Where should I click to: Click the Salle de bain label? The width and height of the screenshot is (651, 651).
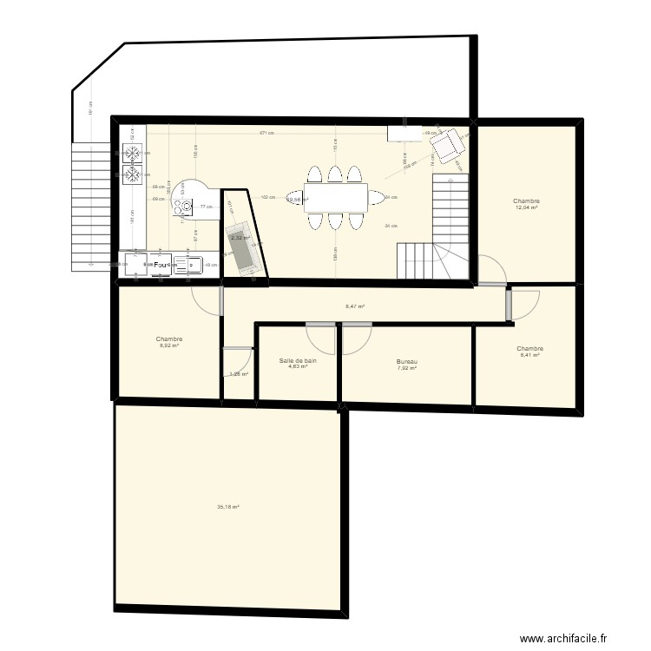tap(298, 360)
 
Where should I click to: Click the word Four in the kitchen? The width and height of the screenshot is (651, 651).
tap(161, 264)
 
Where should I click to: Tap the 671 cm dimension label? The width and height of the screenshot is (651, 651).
tap(266, 133)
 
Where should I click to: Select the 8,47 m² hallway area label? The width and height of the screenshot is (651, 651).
tap(355, 306)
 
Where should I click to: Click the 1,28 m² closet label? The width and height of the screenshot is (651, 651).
tap(239, 374)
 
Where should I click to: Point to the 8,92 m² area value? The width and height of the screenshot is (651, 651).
tap(168, 345)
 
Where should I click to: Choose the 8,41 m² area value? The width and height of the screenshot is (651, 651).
tap(529, 354)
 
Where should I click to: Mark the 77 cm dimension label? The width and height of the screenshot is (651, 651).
tap(205, 207)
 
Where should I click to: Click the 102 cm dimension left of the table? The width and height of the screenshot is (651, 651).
tap(267, 197)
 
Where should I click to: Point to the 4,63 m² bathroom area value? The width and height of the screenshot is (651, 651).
tap(298, 366)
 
